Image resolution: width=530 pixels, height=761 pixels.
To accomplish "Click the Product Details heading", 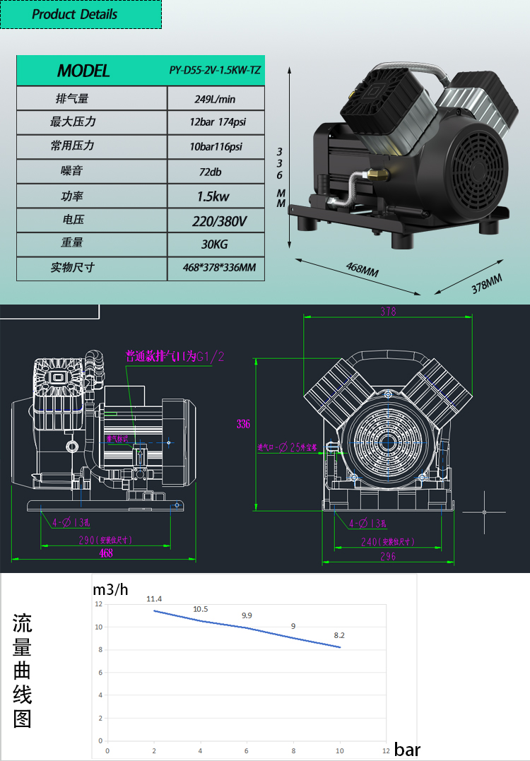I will point(75,14).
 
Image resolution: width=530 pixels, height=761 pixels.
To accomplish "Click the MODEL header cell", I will point(83,71).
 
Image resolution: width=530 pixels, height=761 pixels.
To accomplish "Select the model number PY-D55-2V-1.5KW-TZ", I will point(216,71).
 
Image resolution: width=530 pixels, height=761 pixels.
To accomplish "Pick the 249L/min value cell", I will point(216,99).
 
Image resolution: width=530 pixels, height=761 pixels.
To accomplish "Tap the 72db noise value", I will point(216,171).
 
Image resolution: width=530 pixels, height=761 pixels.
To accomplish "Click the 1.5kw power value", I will point(216,196).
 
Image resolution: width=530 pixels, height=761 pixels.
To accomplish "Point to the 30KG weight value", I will point(216,244).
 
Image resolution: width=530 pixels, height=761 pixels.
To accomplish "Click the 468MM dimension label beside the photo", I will point(362,271).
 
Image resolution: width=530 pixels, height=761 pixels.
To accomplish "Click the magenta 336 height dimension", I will point(243,424).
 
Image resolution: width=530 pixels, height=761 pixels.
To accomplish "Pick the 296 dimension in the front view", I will point(388,557).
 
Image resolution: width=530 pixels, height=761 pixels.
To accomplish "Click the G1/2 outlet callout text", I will point(175,357).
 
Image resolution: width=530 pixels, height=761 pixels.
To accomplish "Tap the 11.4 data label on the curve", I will point(154,599).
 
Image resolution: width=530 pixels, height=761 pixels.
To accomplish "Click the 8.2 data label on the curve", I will point(339,635).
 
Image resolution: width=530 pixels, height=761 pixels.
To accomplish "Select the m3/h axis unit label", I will point(110,589).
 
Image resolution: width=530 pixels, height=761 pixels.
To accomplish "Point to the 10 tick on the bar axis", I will point(339,750).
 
